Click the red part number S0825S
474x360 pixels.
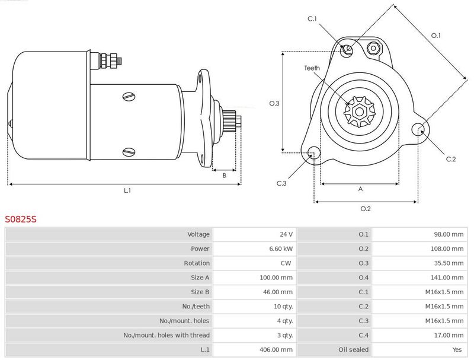(x=21, y=219)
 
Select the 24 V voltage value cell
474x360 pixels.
(x=286, y=234)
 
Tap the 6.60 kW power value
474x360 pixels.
(x=281, y=249)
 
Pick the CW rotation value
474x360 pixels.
(x=286, y=263)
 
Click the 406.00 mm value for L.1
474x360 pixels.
(x=276, y=350)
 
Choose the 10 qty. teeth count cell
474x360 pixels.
(x=283, y=307)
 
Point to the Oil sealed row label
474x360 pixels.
(x=353, y=350)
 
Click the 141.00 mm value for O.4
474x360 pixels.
(x=447, y=278)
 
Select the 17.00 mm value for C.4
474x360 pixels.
(x=449, y=335)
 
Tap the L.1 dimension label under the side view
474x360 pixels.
(x=127, y=190)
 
